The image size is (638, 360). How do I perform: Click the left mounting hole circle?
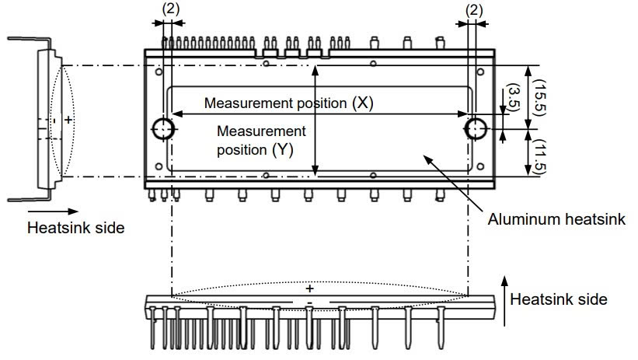pos(164,128)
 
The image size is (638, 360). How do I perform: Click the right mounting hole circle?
pos(474,128)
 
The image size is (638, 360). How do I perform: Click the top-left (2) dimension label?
pos(170,9)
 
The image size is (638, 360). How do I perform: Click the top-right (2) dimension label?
pos(472,9)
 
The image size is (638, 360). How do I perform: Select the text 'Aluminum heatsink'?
pos(556,220)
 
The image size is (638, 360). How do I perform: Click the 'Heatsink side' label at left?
pos(75,228)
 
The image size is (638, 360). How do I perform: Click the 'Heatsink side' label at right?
pos(559,299)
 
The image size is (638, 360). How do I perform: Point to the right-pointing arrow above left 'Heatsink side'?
pos(54,211)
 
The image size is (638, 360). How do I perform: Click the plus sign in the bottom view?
pos(309,288)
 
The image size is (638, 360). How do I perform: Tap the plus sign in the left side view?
pos(68,120)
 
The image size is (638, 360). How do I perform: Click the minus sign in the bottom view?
pos(309,302)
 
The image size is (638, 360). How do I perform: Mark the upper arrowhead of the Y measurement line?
pos(315,70)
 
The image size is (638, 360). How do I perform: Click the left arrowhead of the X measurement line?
pos(175,114)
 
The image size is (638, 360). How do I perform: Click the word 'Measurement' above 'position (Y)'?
pos(262,131)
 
